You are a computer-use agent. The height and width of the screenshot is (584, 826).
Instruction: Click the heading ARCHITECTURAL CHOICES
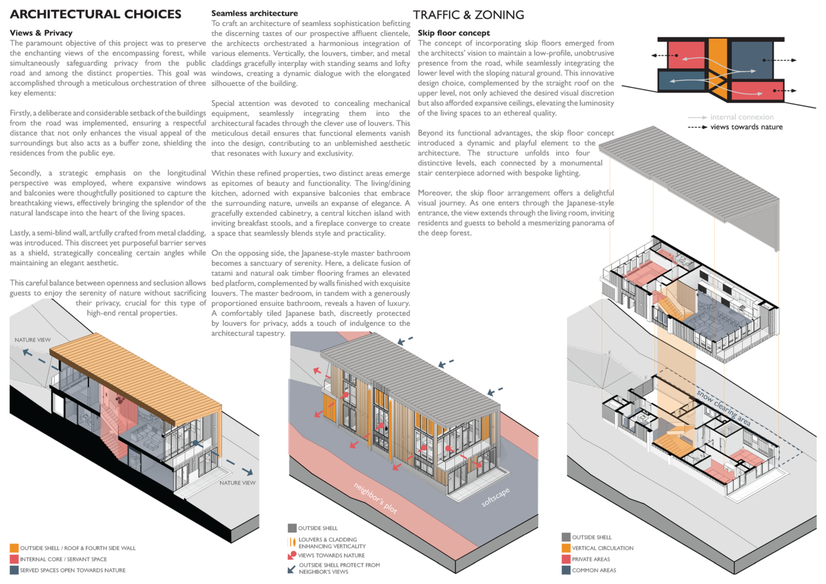(96, 14)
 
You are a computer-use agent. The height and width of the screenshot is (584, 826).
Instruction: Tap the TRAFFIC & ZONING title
(468, 15)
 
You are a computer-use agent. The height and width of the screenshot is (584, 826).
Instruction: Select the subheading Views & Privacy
(41, 33)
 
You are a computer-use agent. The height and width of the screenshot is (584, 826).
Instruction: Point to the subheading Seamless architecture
(254, 14)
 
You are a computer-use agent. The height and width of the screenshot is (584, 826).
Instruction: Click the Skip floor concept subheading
(454, 33)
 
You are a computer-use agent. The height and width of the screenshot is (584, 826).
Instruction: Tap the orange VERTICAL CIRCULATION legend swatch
(566, 548)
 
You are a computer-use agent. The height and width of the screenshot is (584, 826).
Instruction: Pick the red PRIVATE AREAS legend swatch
(566, 559)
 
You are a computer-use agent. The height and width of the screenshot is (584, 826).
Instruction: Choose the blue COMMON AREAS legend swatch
(566, 570)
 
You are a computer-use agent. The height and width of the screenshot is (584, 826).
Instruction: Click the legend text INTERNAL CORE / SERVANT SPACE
(63, 559)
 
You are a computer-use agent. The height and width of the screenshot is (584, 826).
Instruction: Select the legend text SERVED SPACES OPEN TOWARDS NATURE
(73, 570)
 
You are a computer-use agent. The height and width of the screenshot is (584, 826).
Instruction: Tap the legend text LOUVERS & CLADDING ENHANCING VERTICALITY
(332, 543)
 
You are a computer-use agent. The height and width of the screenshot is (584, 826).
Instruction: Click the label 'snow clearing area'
(723, 408)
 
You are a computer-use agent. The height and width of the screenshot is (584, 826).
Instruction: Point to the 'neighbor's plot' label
(376, 498)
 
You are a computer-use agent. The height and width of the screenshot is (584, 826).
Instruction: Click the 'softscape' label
(496, 497)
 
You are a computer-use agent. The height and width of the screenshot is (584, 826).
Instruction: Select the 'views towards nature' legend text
(747, 127)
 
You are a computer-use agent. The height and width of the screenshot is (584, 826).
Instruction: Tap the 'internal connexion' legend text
(742, 117)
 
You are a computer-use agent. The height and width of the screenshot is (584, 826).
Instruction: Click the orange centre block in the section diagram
(718, 69)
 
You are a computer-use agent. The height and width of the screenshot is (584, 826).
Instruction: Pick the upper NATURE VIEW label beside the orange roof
(32, 340)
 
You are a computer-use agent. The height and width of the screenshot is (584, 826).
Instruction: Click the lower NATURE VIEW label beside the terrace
(237, 483)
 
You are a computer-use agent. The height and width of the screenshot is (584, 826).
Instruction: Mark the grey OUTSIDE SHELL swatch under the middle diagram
(292, 528)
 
